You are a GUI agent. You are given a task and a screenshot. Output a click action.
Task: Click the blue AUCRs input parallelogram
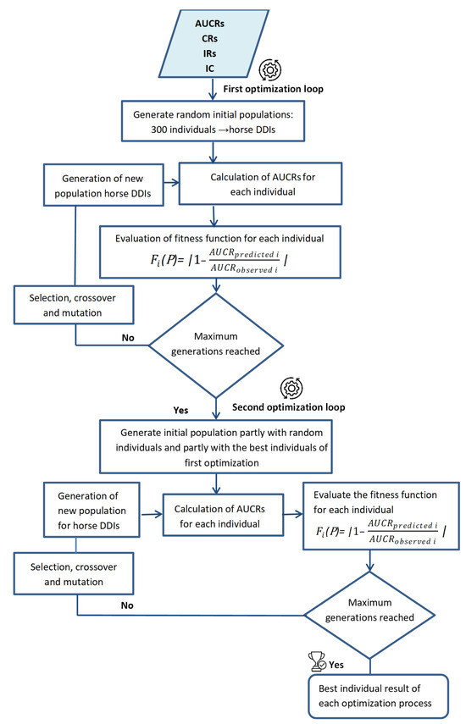click(214, 43)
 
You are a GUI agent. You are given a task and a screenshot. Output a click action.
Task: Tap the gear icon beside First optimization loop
click(270, 69)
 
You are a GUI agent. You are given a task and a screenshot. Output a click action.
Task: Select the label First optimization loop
click(273, 89)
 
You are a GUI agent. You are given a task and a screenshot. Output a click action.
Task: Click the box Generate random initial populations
click(213, 121)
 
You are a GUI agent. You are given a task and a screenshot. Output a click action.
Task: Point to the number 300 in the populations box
click(159, 130)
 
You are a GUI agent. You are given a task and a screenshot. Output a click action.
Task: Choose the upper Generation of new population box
click(103, 185)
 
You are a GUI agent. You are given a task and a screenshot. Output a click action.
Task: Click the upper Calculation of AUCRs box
click(260, 184)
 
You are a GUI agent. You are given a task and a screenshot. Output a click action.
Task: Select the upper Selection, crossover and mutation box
click(74, 305)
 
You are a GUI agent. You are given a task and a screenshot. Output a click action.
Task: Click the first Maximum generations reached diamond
click(216, 345)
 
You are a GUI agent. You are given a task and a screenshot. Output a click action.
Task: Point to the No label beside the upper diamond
click(128, 338)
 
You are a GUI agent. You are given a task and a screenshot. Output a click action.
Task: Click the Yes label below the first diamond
click(180, 410)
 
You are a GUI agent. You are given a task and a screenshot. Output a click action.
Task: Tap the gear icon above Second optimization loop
click(291, 389)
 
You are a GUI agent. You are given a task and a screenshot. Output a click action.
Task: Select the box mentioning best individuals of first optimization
click(216, 446)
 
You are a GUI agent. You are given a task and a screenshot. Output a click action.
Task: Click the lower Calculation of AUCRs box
click(223, 515)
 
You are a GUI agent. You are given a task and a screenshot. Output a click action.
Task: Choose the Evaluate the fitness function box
click(381, 516)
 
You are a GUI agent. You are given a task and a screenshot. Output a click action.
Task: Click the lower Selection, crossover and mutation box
click(74, 573)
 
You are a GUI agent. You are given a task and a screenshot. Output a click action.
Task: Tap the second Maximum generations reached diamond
click(369, 615)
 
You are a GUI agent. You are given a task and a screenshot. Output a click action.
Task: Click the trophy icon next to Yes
click(317, 660)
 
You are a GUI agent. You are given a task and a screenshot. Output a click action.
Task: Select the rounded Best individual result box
click(378, 696)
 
